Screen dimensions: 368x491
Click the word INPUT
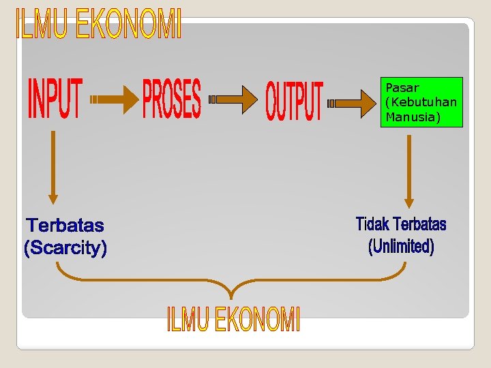55,99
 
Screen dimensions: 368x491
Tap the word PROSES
172,99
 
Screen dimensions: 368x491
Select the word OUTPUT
294,101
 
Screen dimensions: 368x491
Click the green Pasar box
421,102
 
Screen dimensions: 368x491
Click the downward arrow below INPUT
53,167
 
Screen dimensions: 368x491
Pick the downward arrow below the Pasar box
408,171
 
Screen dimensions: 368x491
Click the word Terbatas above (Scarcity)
65,225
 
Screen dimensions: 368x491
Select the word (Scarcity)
65,248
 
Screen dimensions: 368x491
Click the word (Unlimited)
401,246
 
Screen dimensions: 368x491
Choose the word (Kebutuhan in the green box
421,102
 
